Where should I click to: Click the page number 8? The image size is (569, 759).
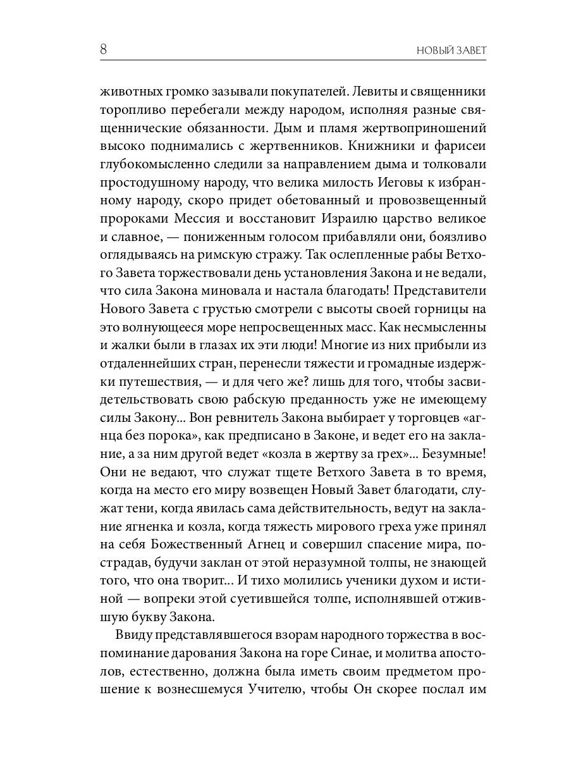[104, 49]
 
